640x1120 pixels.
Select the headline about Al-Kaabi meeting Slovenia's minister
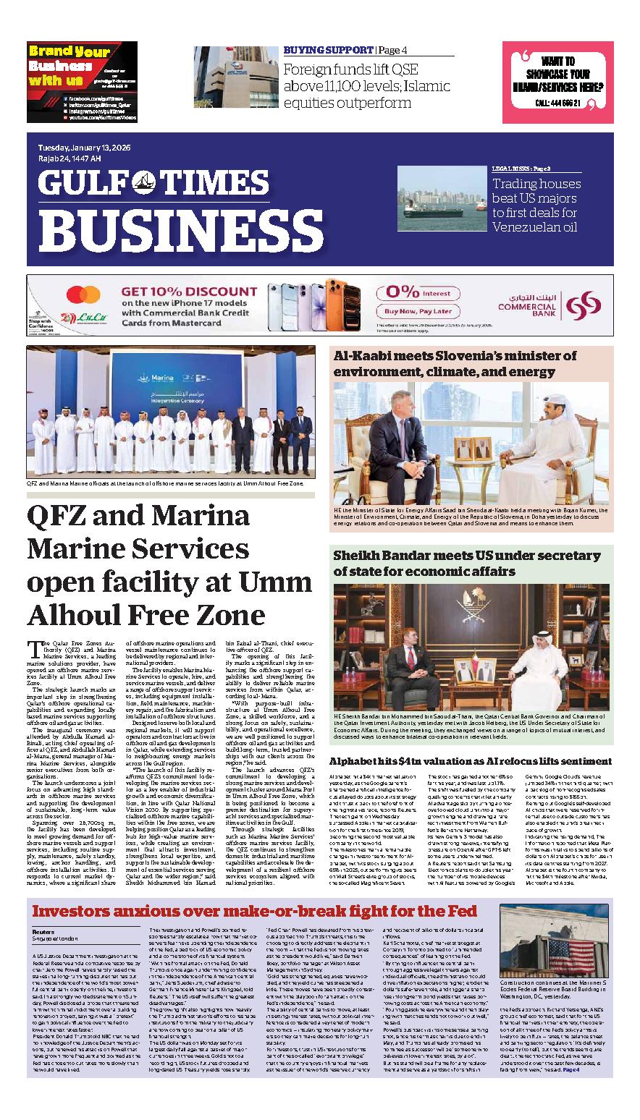455,364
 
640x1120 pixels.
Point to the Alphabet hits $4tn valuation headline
471,761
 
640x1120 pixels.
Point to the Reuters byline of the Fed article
43,932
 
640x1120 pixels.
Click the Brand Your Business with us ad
82,81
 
